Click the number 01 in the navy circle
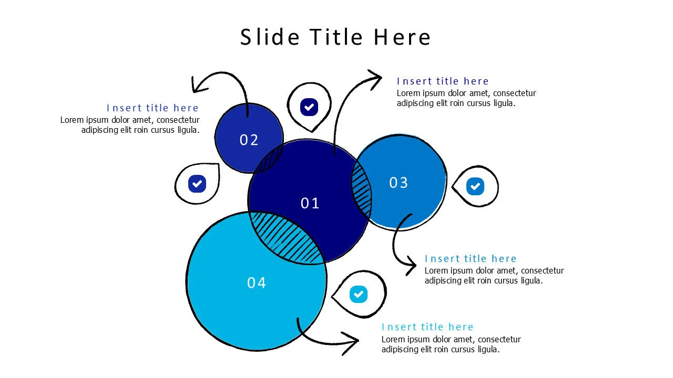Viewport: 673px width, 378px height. point(310,203)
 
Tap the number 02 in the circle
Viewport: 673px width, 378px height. point(249,140)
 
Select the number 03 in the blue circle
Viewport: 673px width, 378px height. point(399,183)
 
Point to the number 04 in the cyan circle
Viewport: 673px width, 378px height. point(257,283)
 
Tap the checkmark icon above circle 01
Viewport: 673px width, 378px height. point(309,107)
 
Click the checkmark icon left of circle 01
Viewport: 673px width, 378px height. point(197,184)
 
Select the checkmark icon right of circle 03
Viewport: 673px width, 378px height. point(475,186)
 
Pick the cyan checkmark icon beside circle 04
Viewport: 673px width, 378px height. point(359,294)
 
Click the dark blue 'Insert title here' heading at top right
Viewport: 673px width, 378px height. point(443,81)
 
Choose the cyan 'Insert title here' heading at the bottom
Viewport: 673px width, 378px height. point(427,327)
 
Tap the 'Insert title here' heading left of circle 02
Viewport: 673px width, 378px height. point(152,108)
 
